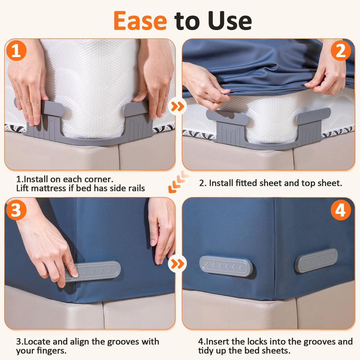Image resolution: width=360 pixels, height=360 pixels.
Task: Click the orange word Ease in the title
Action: click(140, 21)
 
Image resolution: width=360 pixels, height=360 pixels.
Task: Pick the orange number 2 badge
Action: click(341, 51)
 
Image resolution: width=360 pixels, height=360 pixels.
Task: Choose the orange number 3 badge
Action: click(16, 210)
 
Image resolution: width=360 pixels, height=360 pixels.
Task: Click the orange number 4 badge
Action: click(341, 210)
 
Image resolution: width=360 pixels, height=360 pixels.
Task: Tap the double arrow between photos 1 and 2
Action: click(178, 106)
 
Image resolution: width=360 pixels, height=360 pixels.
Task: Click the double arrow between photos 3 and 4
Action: click(178, 264)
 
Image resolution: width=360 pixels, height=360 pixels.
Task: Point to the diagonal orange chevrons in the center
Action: click(178, 182)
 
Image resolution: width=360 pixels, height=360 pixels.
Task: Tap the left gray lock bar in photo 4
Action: click(226, 266)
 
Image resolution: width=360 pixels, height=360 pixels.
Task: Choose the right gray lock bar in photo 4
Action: click(316, 261)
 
